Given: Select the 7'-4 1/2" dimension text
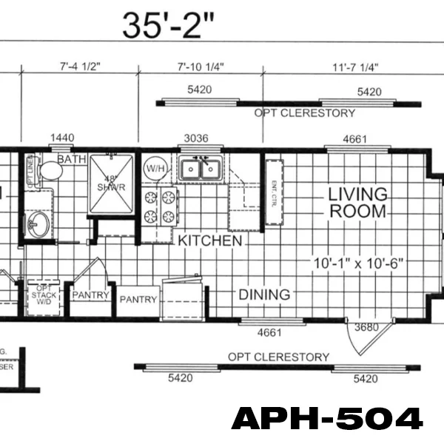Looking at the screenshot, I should [79, 67].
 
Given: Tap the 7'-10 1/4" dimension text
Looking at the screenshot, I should [201, 67].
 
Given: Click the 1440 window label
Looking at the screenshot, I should [62, 138].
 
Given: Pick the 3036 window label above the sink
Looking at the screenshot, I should [197, 138].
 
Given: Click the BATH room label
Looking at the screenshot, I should [71, 159].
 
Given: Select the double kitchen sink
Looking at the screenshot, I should [200, 169].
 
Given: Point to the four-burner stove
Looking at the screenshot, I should [161, 206].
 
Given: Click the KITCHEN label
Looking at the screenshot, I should [209, 241].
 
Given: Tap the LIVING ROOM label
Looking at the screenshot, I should [358, 202].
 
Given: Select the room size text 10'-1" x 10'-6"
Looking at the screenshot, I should [358, 263].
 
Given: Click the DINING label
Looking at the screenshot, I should [264, 295].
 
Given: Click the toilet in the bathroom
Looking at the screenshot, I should [50, 171].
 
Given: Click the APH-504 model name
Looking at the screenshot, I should [327, 419].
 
